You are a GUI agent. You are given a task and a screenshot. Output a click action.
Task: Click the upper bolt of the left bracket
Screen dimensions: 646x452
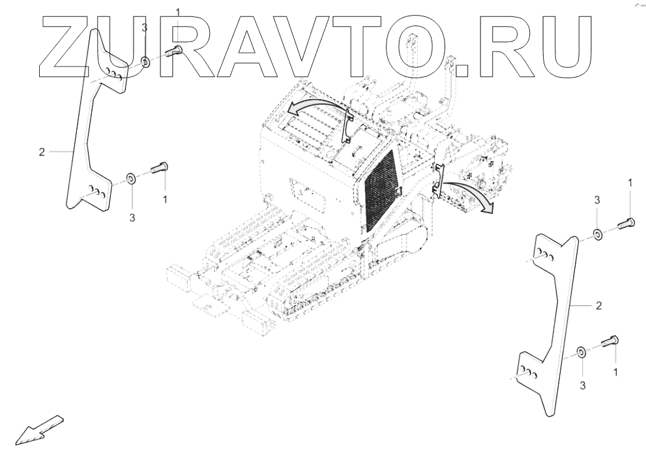click(x=173, y=52)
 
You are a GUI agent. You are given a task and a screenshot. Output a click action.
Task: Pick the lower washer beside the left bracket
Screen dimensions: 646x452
click(x=130, y=177)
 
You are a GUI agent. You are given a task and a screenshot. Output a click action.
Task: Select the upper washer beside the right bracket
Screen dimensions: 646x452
click(x=598, y=234)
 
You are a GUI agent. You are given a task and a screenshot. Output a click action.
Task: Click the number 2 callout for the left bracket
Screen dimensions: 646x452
click(x=41, y=152)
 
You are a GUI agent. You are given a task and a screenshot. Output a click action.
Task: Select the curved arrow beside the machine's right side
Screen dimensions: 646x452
click(x=468, y=194)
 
